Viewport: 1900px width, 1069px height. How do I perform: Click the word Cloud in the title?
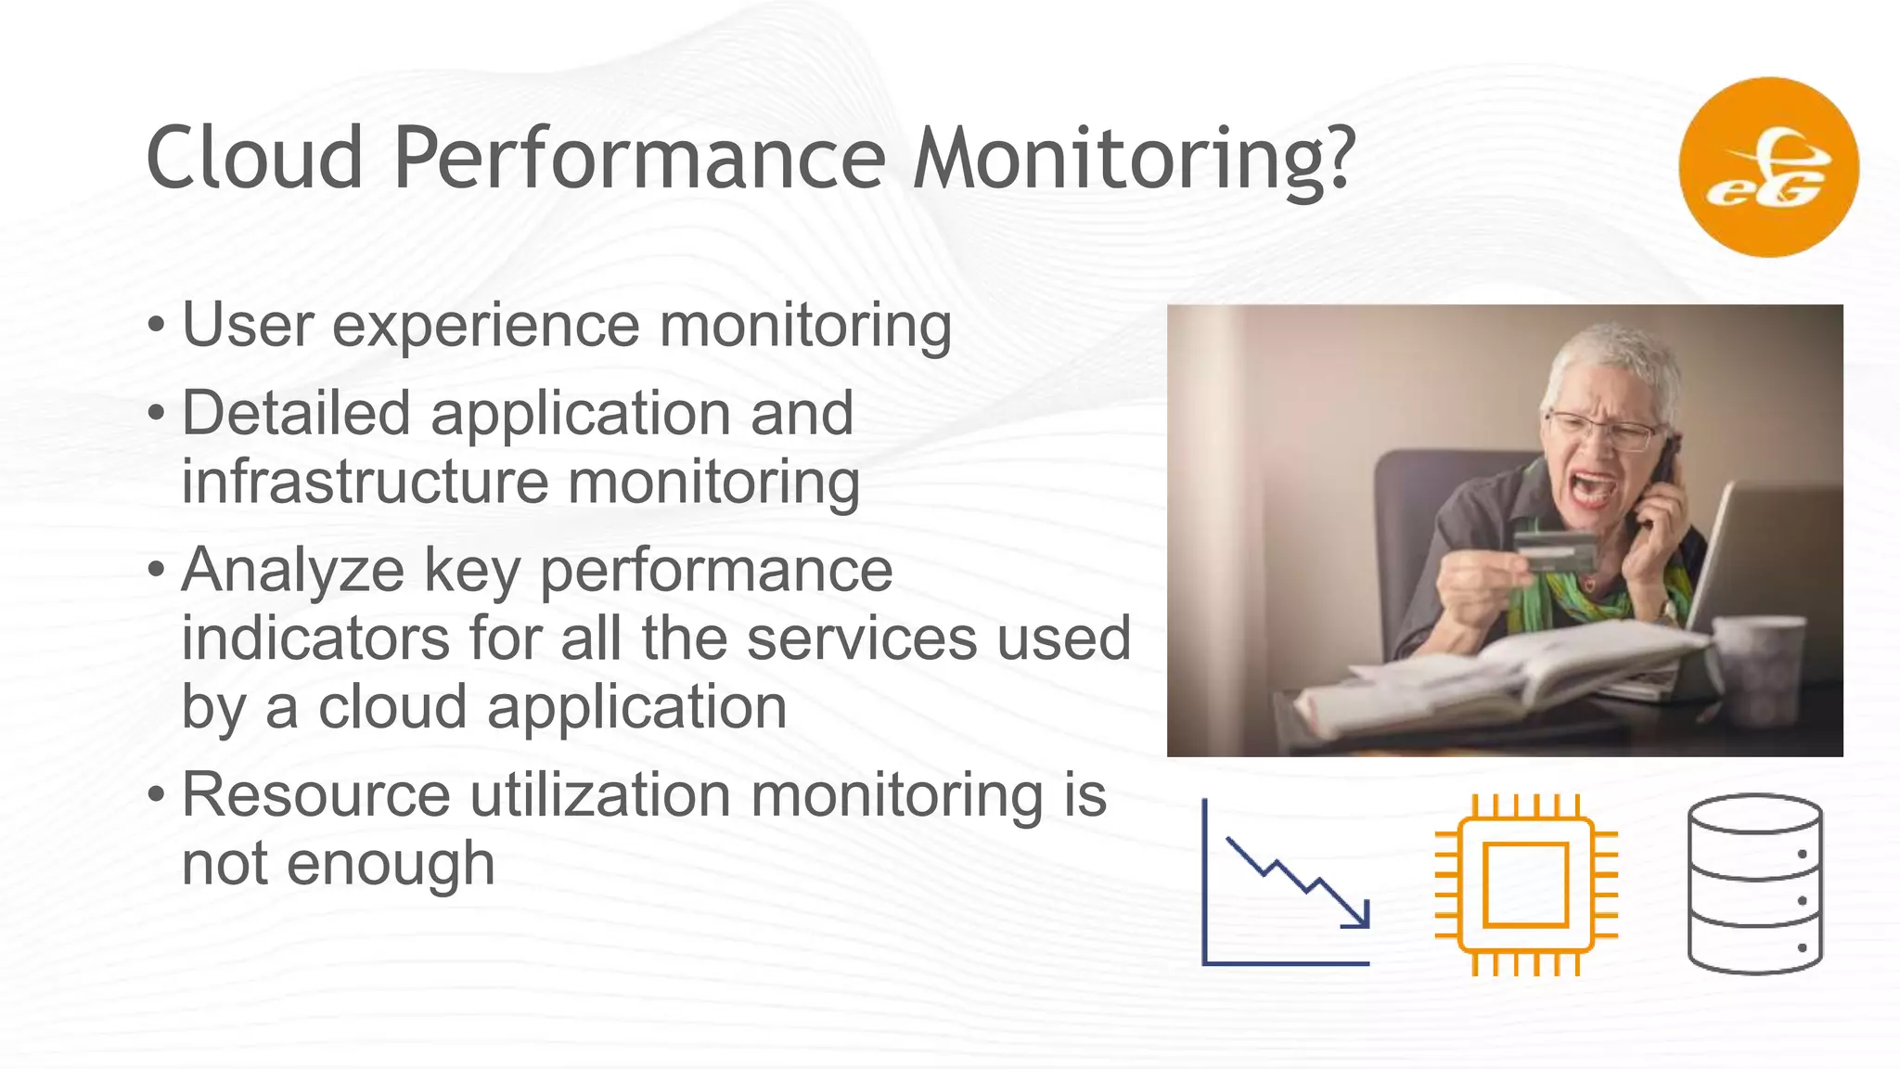coord(254,158)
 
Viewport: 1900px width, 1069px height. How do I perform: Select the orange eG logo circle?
coord(1768,167)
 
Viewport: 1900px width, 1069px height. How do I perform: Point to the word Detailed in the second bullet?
coord(296,413)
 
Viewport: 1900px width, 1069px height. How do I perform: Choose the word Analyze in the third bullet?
coord(293,571)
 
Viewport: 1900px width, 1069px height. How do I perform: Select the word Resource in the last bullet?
coord(316,795)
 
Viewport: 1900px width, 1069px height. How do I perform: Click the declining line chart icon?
coord(1286,882)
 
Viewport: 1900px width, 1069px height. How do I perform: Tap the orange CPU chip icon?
coord(1526,884)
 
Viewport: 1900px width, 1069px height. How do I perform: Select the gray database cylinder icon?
coord(1754,884)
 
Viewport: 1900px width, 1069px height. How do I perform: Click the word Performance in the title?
coord(638,158)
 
